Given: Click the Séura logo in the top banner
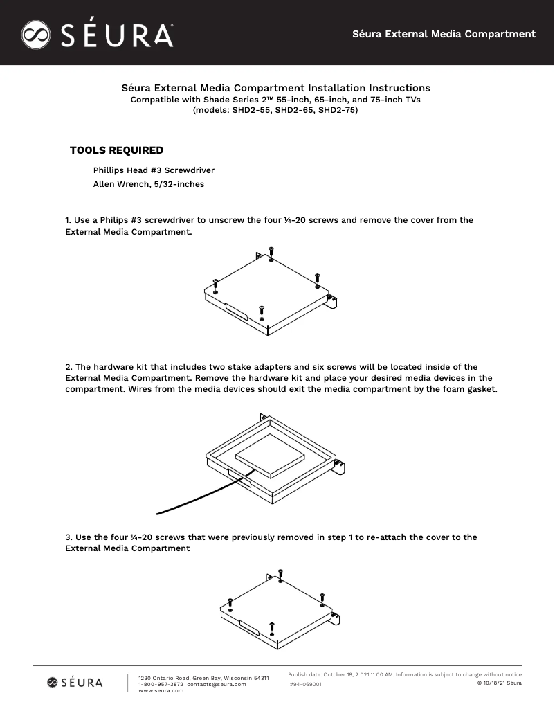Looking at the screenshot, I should pyautogui.click(x=97, y=34).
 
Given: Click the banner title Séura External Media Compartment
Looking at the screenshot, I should pyautogui.click(x=444, y=33).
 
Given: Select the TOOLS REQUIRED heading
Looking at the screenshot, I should pyautogui.click(x=116, y=150).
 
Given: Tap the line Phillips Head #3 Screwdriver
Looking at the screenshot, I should pyautogui.click(x=154, y=170).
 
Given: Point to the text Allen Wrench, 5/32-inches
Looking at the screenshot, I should pyautogui.click(x=148, y=184).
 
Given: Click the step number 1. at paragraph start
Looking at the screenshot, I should pyautogui.click(x=69, y=220).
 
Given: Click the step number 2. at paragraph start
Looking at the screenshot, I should pyautogui.click(x=69, y=367).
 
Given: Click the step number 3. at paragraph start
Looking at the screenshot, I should pyautogui.click(x=69, y=537).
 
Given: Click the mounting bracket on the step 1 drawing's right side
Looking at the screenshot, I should pyautogui.click(x=333, y=301).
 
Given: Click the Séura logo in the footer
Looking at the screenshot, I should pyautogui.click(x=75, y=683).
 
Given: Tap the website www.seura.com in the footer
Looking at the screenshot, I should pyautogui.click(x=161, y=690).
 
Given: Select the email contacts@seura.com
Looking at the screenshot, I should pyautogui.click(x=216, y=684).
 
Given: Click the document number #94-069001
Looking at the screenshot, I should pyautogui.click(x=305, y=684).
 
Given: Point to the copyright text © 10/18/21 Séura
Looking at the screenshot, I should pyautogui.click(x=500, y=683).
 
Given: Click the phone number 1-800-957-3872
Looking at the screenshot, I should pyautogui.click(x=161, y=684).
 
